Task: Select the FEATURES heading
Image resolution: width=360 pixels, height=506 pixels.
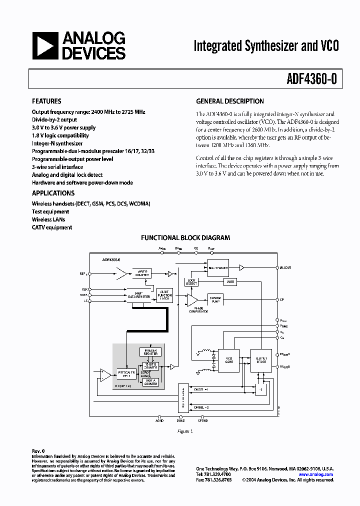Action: pos(46,101)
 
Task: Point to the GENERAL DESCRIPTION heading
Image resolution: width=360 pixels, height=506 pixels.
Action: pos(230,101)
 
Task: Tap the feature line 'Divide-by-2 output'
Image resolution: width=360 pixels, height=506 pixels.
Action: pos(54,120)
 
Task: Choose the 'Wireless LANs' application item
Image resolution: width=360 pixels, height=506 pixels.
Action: pos(48,219)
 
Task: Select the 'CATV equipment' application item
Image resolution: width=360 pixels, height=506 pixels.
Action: pos(52,227)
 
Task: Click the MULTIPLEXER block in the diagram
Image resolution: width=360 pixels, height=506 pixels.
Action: pos(217,268)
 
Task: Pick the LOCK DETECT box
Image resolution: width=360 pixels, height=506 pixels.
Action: pos(192,282)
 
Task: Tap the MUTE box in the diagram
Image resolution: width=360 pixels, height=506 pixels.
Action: pos(229,282)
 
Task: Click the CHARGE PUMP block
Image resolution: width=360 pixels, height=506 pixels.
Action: pos(216,299)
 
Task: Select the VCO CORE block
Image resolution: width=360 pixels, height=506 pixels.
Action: pos(230,360)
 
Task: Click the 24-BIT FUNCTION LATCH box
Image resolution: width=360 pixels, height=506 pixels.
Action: pos(164,295)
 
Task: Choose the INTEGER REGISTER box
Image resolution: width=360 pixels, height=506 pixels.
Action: pos(150,352)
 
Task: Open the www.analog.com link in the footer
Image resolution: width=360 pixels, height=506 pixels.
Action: pos(316,474)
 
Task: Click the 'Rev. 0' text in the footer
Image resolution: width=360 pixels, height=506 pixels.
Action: pos(38,451)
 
